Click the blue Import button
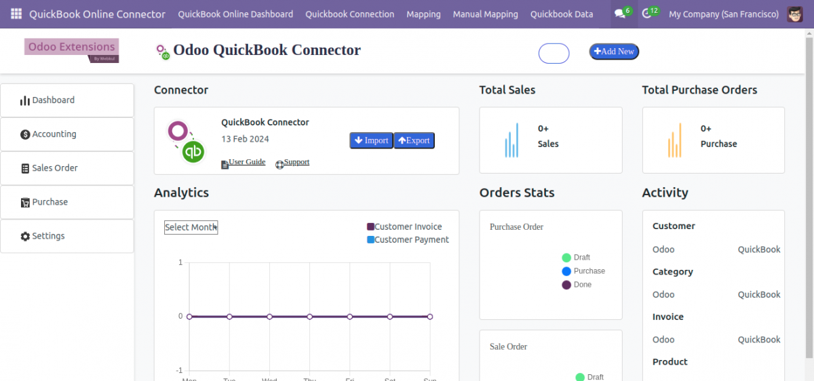click(371, 140)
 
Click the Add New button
click(614, 52)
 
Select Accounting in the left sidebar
click(67, 134)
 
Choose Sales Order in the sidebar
click(67, 168)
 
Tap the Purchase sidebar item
click(67, 202)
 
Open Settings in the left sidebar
click(67, 236)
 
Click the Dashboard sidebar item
click(67, 100)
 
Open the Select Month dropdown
click(191, 227)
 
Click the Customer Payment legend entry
click(408, 240)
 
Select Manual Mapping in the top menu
click(485, 14)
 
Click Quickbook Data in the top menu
click(561, 14)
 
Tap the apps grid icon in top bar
click(16, 14)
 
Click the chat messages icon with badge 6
click(619, 14)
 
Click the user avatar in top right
click(795, 14)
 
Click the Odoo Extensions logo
click(71, 49)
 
